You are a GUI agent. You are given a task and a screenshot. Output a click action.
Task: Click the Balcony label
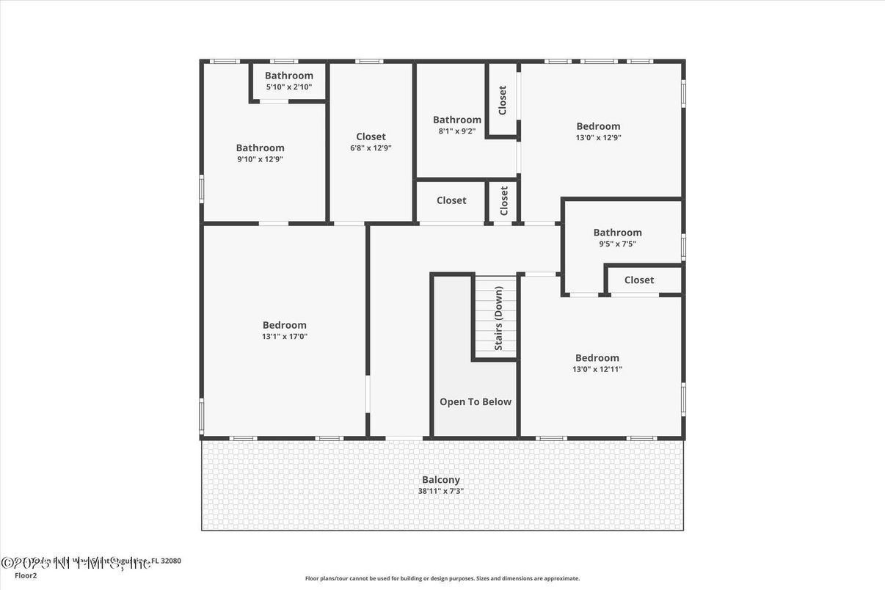pyautogui.click(x=441, y=480)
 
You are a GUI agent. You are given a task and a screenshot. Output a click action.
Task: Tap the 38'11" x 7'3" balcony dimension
pyautogui.click(x=441, y=491)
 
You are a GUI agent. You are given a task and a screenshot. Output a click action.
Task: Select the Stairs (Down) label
pyautogui.click(x=498, y=318)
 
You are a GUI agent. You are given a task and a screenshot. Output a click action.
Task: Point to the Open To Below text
pyautogui.click(x=476, y=401)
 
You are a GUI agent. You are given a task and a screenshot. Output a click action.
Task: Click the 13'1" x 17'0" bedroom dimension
pyautogui.click(x=285, y=336)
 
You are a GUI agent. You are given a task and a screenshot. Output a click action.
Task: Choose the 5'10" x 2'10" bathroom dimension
pyautogui.click(x=289, y=87)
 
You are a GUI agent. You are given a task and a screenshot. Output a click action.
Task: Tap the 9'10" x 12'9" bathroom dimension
pyautogui.click(x=260, y=159)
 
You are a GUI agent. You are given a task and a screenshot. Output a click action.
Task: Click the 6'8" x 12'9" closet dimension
pyautogui.click(x=371, y=147)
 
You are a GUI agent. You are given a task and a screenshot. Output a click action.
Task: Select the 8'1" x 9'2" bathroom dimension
pyautogui.click(x=457, y=131)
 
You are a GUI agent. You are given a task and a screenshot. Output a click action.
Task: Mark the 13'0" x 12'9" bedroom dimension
pyautogui.click(x=598, y=137)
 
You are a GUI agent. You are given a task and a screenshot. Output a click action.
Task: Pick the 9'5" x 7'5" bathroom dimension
pyautogui.click(x=617, y=244)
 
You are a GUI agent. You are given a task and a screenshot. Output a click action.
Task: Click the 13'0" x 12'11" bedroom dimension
pyautogui.click(x=597, y=369)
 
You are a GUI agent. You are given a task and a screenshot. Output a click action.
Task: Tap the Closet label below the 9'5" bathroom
pyautogui.click(x=639, y=280)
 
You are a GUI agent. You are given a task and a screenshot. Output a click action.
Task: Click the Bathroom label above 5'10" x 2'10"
pyautogui.click(x=289, y=76)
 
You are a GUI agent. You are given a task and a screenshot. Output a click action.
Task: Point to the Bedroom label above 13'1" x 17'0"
pyautogui.click(x=285, y=325)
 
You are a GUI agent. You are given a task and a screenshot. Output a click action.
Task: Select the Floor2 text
pyautogui.click(x=26, y=575)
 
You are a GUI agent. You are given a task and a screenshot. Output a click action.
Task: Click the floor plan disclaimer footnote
pyautogui.click(x=442, y=578)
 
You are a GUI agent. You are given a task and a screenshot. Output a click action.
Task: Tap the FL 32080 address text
pyautogui.click(x=166, y=561)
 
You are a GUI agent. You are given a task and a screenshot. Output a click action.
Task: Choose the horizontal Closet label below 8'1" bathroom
pyautogui.click(x=451, y=200)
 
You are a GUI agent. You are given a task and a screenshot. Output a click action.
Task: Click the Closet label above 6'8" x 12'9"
pyautogui.click(x=371, y=136)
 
